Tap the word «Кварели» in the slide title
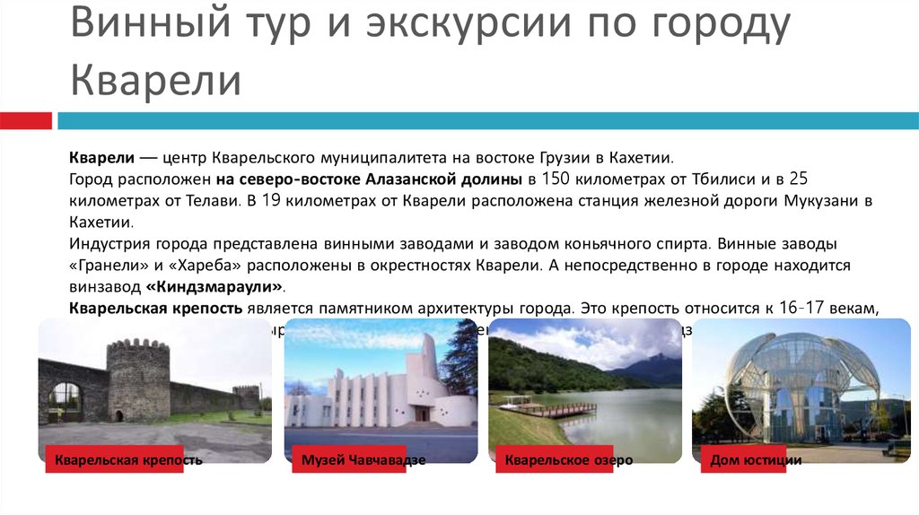(156, 80)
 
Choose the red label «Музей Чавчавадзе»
(358, 460)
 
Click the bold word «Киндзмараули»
(214, 286)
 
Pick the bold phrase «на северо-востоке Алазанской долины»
(369, 178)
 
